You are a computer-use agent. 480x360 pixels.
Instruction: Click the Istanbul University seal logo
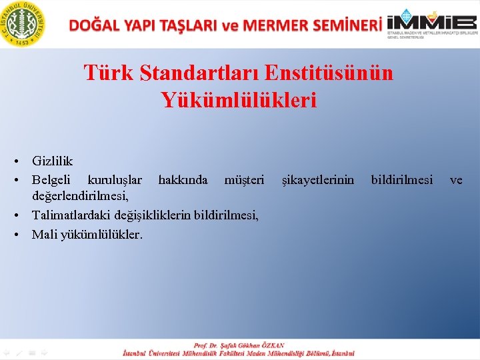(23, 23)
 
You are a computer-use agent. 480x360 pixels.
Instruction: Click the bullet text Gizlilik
(52, 161)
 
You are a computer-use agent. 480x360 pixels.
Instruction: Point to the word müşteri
(244, 180)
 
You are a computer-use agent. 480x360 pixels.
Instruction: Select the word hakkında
(182, 180)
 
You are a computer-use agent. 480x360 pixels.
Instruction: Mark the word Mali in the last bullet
(44, 234)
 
